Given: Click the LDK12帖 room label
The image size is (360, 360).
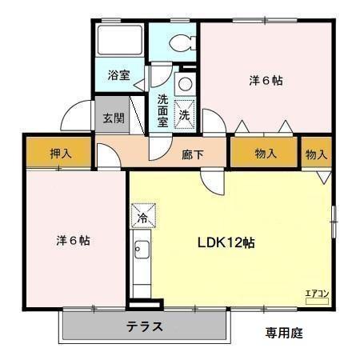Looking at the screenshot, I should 226,242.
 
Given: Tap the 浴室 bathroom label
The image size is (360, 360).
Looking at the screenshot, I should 119,77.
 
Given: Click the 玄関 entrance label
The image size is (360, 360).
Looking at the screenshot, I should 114,118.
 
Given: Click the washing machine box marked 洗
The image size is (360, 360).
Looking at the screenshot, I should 185,114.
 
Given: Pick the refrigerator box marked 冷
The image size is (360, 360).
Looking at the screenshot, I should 143,216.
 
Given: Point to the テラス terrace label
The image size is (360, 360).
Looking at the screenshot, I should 144,326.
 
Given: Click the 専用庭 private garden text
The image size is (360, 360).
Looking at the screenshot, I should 284,333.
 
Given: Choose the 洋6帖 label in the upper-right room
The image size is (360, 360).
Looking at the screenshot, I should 266,81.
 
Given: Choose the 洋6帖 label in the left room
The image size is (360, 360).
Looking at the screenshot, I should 72,240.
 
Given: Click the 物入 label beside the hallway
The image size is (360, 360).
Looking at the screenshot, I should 266,154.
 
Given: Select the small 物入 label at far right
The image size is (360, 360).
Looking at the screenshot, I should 317,154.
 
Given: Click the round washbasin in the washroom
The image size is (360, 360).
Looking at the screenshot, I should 184,83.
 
